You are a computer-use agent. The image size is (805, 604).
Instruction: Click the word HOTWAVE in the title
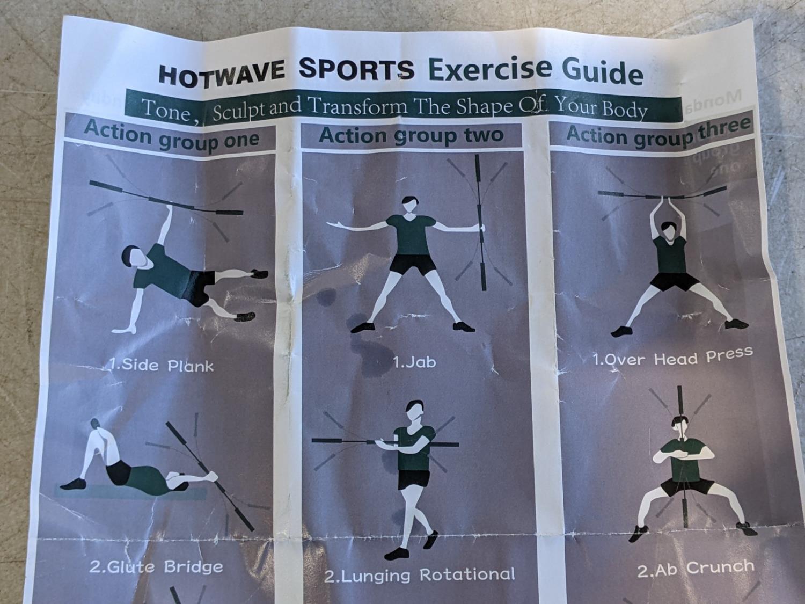222,75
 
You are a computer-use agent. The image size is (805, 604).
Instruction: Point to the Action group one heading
172,136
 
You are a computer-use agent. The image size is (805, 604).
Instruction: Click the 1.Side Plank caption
162,365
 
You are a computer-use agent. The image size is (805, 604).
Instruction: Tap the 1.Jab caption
414,362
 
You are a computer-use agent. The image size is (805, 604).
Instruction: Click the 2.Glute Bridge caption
156,567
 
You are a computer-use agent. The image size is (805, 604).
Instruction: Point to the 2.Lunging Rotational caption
420,575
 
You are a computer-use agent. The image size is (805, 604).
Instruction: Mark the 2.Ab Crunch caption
696,569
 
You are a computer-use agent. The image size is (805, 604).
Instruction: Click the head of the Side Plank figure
131,256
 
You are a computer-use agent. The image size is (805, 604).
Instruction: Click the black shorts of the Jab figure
412,264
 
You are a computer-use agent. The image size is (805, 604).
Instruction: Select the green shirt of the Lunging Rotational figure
414,448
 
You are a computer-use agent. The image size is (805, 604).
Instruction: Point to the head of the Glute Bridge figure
96,425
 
